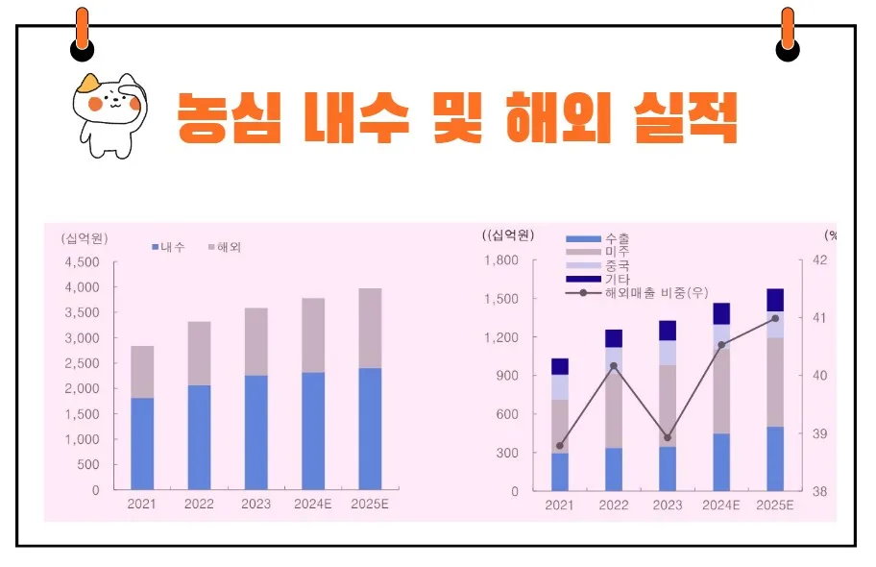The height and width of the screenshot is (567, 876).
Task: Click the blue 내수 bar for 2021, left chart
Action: (142, 443)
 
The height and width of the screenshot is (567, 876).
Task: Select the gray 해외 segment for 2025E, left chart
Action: (370, 328)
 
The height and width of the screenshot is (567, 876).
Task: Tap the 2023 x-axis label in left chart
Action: (255, 505)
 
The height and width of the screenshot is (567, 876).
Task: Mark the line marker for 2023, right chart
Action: (668, 437)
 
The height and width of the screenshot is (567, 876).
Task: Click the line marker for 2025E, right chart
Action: (775, 318)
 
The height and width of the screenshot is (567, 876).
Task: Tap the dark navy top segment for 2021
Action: (560, 366)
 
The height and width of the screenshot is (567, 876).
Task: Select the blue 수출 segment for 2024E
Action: (721, 461)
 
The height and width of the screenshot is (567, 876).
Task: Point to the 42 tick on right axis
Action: (819, 260)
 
